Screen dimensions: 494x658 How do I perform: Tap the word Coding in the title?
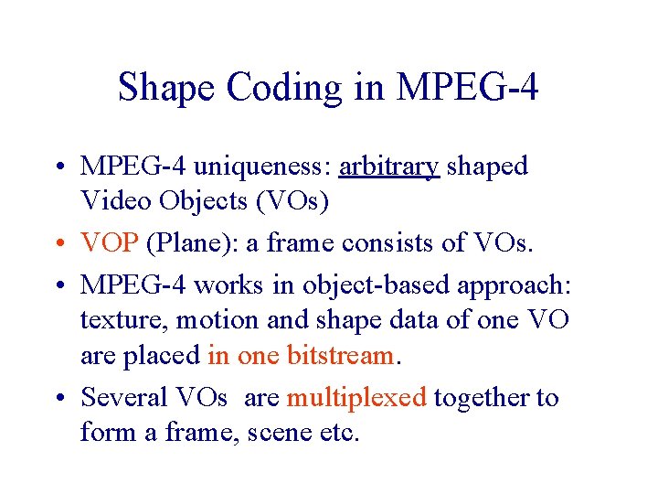click(x=283, y=88)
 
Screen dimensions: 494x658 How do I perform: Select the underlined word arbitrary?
click(x=388, y=166)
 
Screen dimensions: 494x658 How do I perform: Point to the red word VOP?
click(x=110, y=243)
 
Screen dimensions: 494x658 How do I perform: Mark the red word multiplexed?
click(x=356, y=398)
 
